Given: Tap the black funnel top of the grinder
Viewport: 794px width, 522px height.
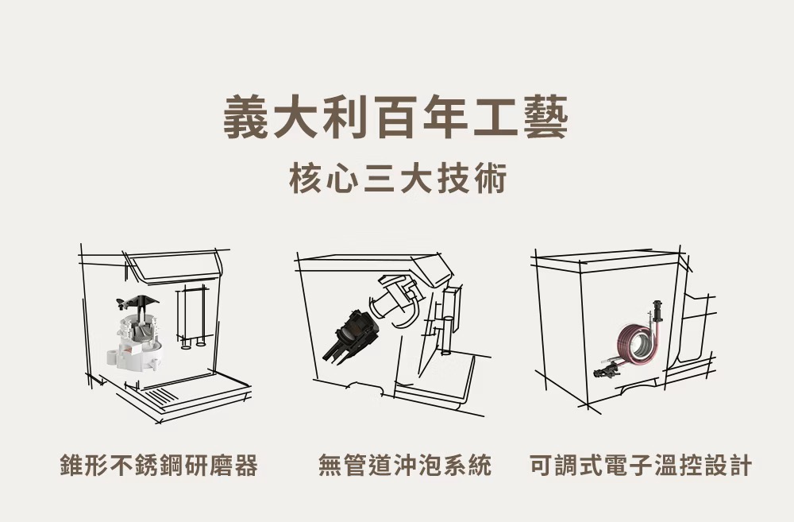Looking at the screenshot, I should tap(138, 302).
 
